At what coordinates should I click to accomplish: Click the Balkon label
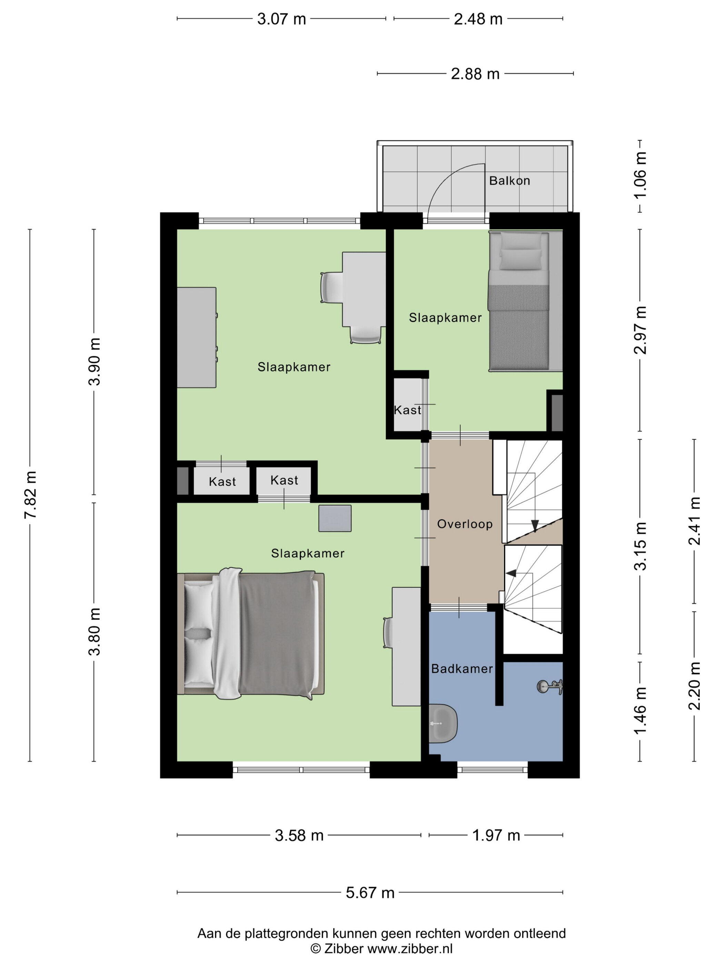click(509, 180)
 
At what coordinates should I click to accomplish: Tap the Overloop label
click(465, 524)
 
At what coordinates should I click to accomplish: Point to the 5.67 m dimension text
click(370, 893)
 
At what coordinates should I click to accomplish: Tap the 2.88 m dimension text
click(475, 74)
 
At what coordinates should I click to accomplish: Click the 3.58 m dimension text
click(299, 836)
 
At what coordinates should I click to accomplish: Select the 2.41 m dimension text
click(694, 521)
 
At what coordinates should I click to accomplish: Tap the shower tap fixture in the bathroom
click(550, 687)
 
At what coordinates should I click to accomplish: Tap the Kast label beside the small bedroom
click(407, 410)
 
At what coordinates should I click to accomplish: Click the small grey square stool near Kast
click(335, 519)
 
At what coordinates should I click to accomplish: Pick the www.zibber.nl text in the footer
click(410, 948)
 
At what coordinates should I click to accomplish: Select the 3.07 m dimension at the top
click(281, 19)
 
